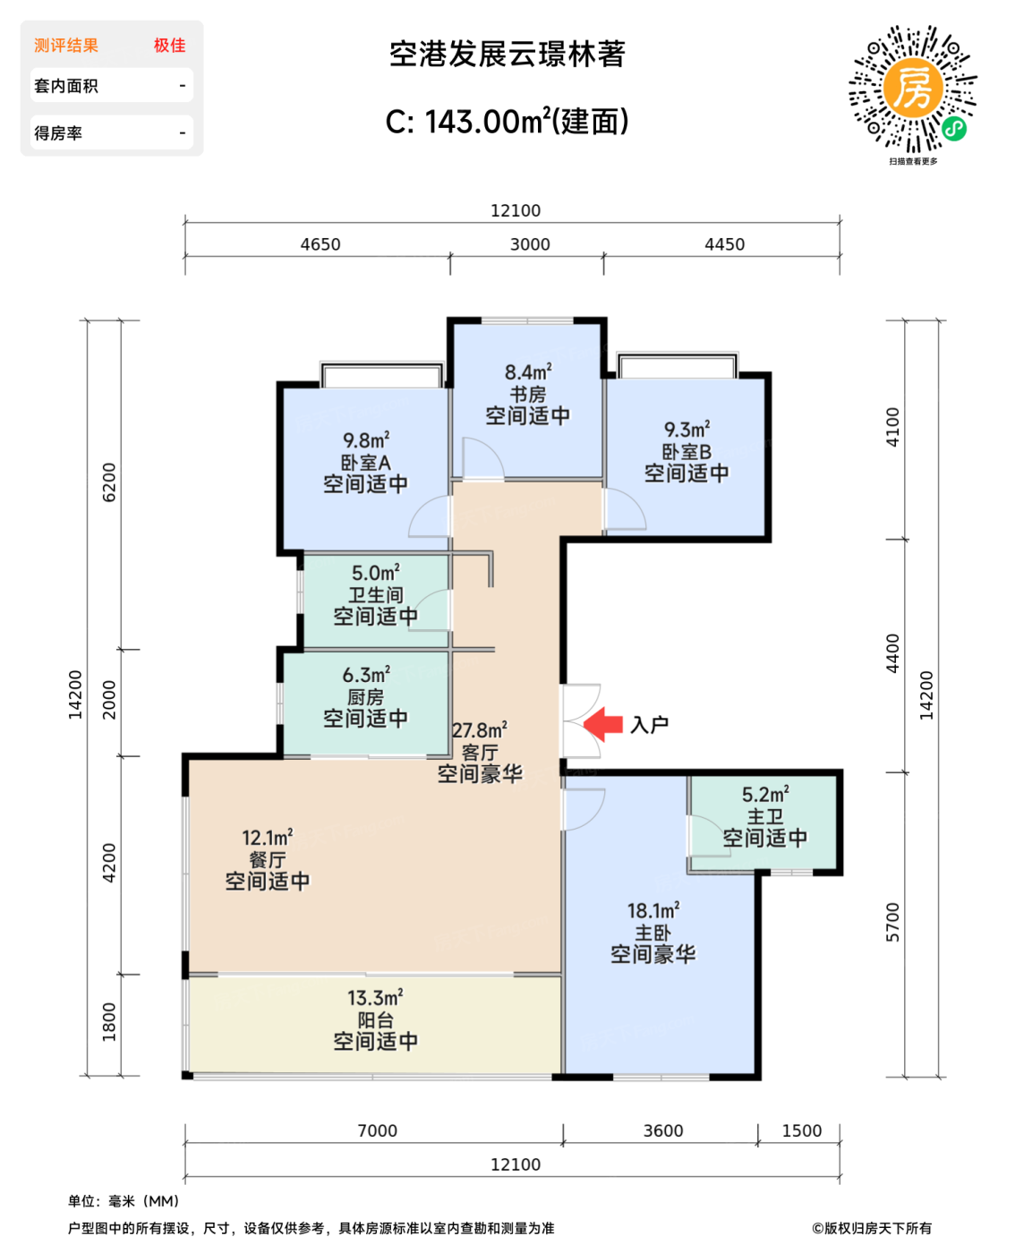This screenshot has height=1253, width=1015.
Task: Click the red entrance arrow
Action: tap(603, 724)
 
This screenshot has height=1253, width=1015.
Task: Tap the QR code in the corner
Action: tap(912, 89)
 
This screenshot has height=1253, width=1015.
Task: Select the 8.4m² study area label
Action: tap(528, 371)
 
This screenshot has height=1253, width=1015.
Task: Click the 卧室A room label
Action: tap(365, 463)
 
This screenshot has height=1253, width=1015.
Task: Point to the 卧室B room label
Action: tap(687, 452)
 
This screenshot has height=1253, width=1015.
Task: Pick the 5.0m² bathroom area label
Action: tap(375, 573)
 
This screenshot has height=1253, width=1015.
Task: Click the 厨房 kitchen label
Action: tap(365, 697)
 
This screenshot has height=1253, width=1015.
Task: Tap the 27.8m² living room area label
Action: tap(480, 730)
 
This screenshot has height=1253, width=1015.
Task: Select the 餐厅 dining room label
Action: tap(267, 860)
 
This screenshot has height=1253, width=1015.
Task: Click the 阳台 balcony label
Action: tap(375, 1020)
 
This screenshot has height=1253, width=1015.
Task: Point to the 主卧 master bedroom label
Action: tap(652, 933)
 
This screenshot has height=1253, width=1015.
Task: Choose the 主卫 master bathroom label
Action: tap(764, 816)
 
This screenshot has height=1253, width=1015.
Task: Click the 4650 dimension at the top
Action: tap(320, 244)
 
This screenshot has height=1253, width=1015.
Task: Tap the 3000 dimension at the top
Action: tap(530, 244)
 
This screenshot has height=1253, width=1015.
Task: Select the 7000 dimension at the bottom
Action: tap(377, 1130)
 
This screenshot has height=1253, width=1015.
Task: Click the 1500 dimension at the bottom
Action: tap(801, 1130)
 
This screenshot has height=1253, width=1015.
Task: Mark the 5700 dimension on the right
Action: tap(892, 922)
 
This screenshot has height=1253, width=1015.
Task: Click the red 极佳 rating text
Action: tap(169, 46)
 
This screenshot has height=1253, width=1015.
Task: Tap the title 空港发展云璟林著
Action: tap(507, 55)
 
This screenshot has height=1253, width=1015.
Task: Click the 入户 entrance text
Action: tap(649, 725)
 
